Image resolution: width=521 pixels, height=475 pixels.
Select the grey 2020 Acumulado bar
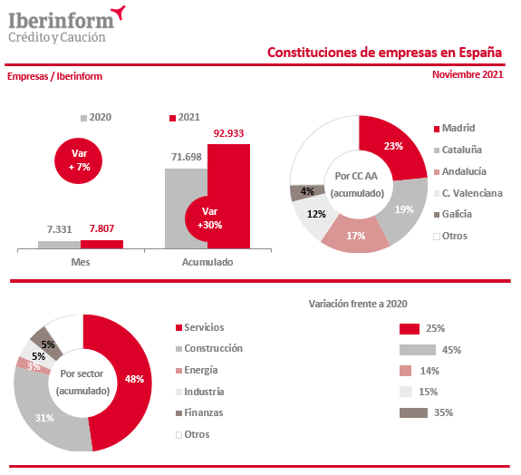[x=186, y=208]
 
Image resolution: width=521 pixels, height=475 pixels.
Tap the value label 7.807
[x=101, y=228]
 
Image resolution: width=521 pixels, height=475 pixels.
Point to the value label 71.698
[x=187, y=157]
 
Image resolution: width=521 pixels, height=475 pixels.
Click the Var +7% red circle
[x=79, y=160]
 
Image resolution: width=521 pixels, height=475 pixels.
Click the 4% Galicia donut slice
[x=307, y=192]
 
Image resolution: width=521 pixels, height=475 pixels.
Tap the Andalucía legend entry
[x=460, y=171]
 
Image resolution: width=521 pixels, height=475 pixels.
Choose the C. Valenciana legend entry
[x=468, y=193]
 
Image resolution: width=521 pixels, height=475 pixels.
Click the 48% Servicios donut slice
[x=123, y=383]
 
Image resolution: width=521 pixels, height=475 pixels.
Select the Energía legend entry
[x=197, y=370]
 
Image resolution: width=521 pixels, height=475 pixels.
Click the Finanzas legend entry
[x=199, y=412]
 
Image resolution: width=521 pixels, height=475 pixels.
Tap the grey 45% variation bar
[x=418, y=350]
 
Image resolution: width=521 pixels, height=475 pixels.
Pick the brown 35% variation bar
[x=413, y=412]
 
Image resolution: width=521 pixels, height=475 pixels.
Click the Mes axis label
[x=81, y=262]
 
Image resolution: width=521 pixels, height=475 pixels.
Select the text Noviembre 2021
[x=468, y=74]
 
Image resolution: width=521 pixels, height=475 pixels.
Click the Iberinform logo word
[x=62, y=21]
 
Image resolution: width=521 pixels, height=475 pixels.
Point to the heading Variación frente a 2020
[x=358, y=304]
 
